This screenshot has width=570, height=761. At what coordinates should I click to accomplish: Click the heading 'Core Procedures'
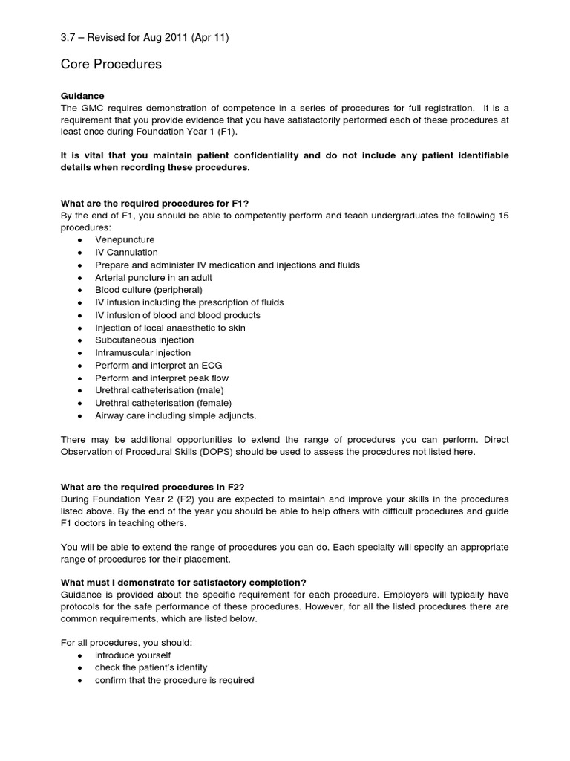point(111,65)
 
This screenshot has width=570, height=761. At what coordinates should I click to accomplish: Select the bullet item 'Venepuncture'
point(125,240)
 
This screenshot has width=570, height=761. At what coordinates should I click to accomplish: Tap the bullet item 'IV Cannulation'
point(126,253)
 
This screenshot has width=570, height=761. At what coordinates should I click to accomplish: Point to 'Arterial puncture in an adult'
point(154,277)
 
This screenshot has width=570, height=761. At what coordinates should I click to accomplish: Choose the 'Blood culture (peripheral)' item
point(148,290)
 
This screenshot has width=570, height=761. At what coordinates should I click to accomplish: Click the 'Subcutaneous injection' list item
point(144,340)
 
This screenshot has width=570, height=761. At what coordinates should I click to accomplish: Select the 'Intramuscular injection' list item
point(142,353)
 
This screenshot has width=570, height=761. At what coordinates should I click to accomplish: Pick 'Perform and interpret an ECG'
point(158,366)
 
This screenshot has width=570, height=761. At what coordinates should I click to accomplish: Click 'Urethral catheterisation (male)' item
point(159,390)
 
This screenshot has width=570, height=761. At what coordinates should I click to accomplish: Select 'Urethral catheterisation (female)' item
point(163,403)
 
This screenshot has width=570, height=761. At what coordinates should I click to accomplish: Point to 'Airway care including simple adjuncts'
point(176,415)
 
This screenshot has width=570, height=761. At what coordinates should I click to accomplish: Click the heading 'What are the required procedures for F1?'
point(160,204)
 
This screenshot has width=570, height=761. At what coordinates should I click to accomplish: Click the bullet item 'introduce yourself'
point(133,655)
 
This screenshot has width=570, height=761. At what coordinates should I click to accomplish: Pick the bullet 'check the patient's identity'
point(151,667)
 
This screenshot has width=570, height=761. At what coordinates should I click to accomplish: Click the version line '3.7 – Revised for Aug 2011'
point(144,38)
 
